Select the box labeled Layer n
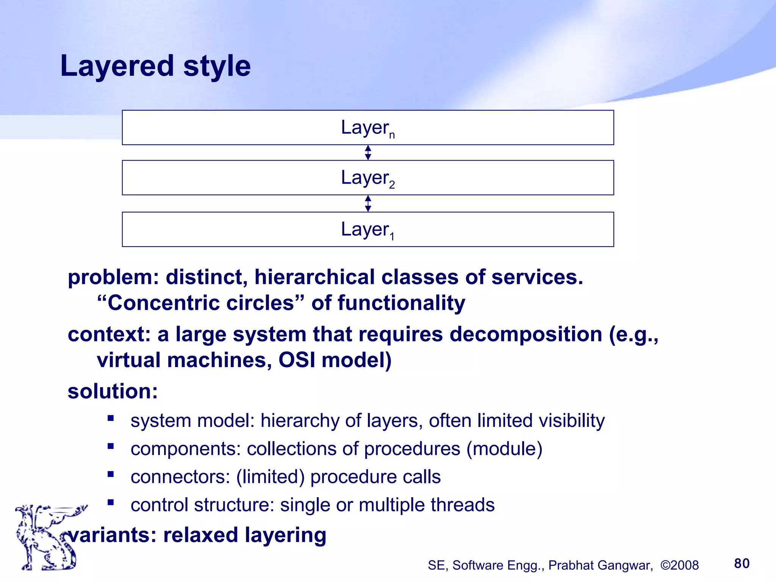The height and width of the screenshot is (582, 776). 368,128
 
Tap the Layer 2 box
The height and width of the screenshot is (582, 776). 368,178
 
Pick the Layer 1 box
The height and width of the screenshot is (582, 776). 368,229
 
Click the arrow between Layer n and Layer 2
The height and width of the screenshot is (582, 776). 368,153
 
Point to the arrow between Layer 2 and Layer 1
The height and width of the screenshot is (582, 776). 368,203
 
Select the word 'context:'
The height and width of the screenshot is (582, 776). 109,335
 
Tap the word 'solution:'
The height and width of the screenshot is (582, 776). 113,391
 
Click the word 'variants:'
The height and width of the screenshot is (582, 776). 112,535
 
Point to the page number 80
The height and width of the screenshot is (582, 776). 742,563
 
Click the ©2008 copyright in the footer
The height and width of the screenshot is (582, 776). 679,565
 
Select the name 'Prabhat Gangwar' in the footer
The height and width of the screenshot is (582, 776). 601,565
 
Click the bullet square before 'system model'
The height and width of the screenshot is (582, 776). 111,418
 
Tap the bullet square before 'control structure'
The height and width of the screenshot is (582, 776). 111,502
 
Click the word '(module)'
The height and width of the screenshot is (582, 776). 504,449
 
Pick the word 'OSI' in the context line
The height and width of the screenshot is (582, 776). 297,360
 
